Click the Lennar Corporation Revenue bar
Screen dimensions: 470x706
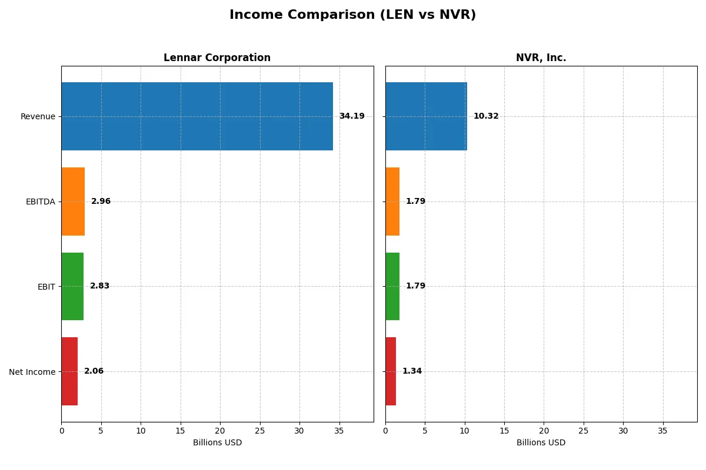(197, 116)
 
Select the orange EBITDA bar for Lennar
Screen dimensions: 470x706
(73, 202)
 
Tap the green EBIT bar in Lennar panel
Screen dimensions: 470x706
(72, 286)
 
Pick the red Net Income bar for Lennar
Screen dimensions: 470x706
(69, 371)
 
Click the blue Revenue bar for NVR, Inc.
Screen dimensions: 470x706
(426, 116)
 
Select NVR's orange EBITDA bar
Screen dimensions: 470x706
(392, 202)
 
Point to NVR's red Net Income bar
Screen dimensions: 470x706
(391, 371)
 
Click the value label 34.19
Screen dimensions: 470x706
(352, 116)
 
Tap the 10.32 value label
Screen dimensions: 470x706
(486, 116)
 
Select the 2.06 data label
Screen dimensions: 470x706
(94, 371)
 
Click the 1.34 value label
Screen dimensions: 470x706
(412, 371)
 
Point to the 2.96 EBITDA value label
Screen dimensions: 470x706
(101, 202)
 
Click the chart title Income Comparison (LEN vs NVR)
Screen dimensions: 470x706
(352, 15)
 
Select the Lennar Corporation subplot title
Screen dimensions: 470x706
(217, 58)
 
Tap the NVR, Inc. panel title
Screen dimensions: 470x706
(541, 58)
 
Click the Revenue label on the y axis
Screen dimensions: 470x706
(38, 116)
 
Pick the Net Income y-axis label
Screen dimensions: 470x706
(32, 372)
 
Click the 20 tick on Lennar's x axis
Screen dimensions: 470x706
(220, 431)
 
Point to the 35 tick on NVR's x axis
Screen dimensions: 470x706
(663, 431)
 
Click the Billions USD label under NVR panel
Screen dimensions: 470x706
(541, 442)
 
